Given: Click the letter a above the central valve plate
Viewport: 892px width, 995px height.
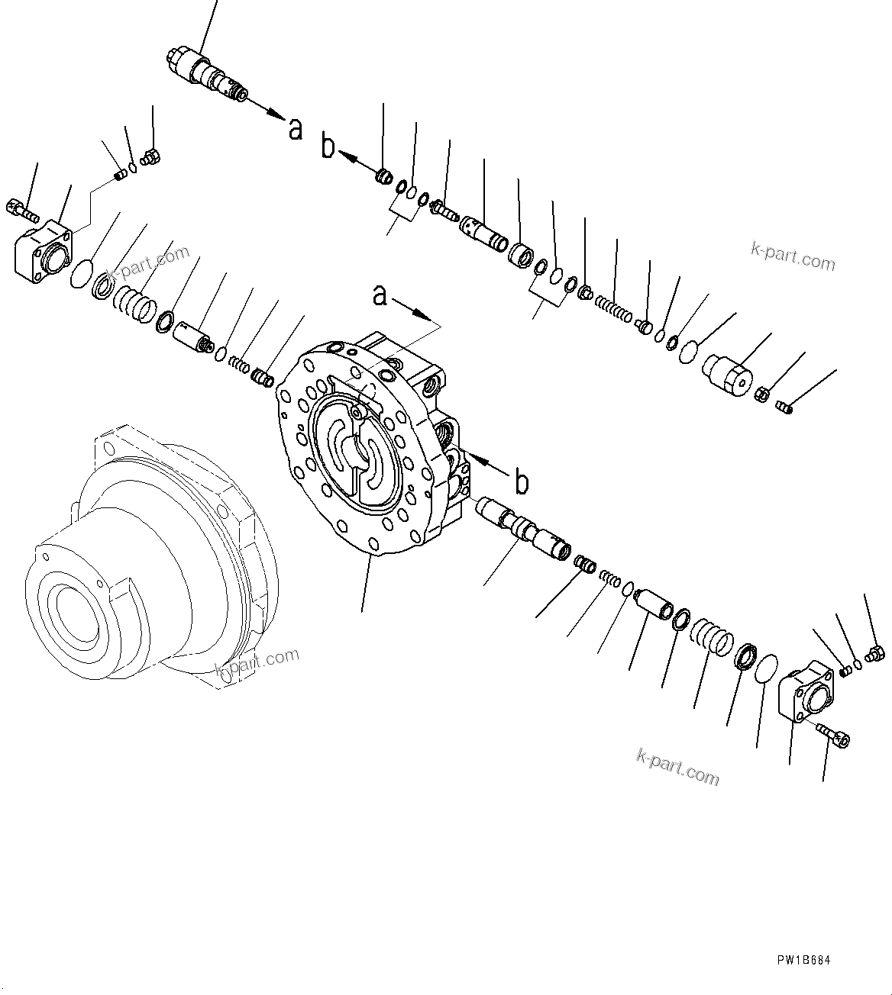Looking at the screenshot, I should [380, 295].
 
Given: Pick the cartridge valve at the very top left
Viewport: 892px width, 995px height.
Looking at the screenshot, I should [206, 77].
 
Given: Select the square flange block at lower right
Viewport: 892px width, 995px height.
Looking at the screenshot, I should [805, 693].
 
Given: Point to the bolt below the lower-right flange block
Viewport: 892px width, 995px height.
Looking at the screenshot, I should [833, 735].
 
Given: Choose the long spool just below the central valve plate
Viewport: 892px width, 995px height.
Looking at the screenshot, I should [524, 528].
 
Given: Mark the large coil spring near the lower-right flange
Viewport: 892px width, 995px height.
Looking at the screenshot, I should [712, 639].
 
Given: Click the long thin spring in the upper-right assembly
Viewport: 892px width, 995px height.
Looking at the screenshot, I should [612, 308].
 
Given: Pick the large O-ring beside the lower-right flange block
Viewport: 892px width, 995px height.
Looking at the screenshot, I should [766, 668].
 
